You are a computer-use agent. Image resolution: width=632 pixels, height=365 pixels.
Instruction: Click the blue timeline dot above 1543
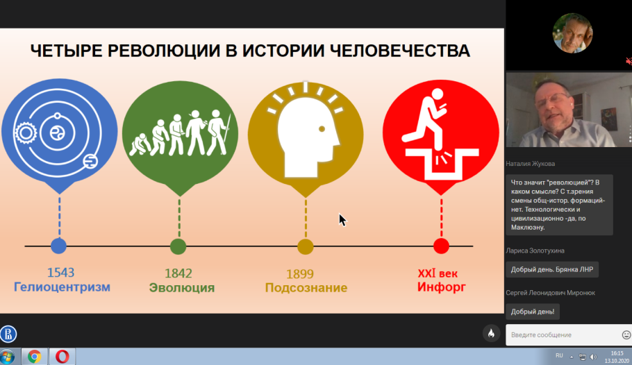59,246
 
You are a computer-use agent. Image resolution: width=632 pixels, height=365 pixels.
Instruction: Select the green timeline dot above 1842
178,246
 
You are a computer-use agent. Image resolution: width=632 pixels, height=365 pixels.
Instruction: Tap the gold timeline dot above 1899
306,247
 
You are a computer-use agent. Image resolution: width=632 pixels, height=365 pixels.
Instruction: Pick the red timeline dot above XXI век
441,246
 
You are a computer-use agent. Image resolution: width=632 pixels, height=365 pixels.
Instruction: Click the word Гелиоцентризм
62,287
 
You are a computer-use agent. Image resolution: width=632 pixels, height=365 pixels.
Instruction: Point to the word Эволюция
182,288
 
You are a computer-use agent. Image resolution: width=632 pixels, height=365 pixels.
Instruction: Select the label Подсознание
306,288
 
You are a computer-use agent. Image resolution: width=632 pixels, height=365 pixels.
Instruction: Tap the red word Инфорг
441,287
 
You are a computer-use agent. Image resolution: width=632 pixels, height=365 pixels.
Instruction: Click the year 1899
300,274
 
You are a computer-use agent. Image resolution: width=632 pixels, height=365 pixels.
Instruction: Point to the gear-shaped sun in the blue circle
26,133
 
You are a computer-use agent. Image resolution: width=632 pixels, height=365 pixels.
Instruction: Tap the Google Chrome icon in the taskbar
34,357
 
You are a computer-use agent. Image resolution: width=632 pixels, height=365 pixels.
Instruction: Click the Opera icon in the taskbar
62,357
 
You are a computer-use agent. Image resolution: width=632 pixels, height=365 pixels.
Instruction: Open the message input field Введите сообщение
563,334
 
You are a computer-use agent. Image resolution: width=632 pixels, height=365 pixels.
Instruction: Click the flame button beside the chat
491,333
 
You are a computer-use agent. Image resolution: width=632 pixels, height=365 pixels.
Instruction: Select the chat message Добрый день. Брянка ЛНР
552,269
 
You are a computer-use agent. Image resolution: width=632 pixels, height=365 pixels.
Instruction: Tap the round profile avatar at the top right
572,33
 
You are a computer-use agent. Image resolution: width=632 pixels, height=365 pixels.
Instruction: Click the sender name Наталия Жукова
531,164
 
